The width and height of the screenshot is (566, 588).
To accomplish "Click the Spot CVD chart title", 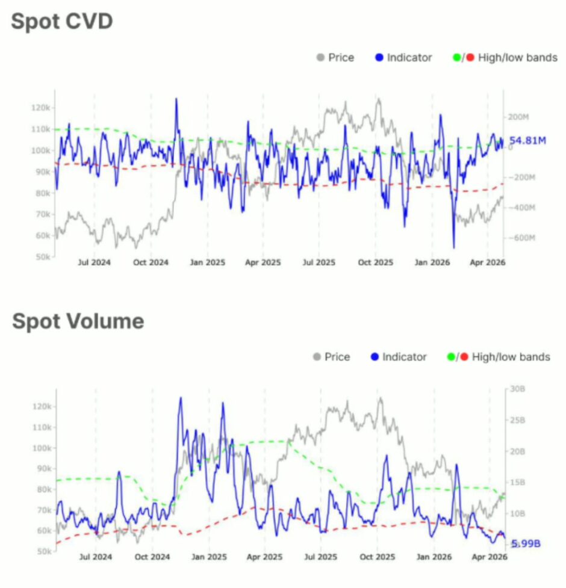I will (62, 22).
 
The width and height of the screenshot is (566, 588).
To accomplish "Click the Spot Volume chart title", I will (78, 321).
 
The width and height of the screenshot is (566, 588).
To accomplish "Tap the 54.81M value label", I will (527, 141).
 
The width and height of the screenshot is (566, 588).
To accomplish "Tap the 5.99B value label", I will (526, 543).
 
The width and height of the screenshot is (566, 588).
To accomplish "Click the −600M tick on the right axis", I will (518, 238).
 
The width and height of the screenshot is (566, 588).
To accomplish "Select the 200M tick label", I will (518, 117).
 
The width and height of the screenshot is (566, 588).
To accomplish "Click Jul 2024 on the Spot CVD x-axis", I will (95, 262).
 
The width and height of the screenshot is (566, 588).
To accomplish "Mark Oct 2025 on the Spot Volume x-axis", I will (377, 557).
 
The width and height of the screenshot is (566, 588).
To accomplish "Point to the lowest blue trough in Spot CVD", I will (453, 247).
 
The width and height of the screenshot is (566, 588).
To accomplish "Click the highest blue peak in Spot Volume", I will (180, 398).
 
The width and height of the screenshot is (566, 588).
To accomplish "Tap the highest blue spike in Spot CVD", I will (176, 99).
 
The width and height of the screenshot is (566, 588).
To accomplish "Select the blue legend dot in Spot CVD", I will (379, 58).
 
